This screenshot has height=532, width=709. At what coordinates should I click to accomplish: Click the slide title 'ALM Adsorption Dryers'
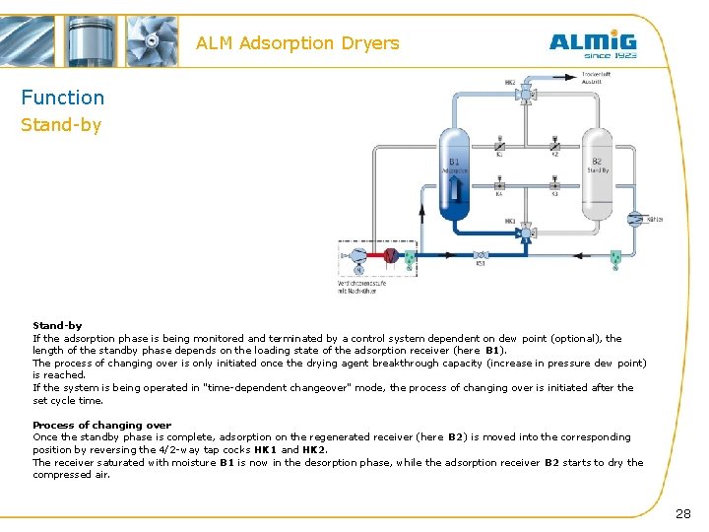tap(297, 43)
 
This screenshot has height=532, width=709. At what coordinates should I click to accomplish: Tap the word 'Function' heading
tap(63, 98)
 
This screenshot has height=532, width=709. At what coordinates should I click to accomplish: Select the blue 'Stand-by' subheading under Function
tap(61, 125)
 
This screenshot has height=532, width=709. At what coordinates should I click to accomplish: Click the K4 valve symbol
tap(499, 184)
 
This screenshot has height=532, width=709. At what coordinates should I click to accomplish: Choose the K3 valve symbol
tap(554, 184)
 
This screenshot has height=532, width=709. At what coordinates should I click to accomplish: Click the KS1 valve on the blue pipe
tap(481, 254)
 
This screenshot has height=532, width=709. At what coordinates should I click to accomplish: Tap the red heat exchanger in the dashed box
tap(391, 255)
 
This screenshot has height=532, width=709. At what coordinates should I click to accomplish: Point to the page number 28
tap(683, 513)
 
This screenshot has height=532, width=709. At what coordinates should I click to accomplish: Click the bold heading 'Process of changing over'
tap(101, 426)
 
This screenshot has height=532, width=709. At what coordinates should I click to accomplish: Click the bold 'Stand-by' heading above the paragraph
tap(57, 325)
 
